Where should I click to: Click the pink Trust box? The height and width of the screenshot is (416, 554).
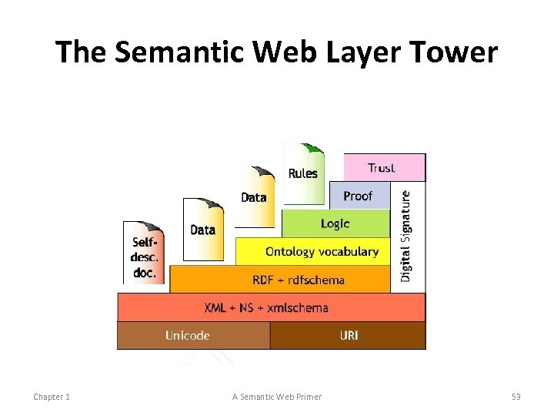(383, 167)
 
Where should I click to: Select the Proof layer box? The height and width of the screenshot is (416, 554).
(359, 196)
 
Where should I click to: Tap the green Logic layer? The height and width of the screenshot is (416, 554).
(335, 223)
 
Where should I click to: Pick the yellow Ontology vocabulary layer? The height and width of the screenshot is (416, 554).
(322, 251)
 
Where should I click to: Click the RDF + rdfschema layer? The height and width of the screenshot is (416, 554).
(299, 279)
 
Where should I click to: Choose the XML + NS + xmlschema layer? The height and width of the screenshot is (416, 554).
(267, 307)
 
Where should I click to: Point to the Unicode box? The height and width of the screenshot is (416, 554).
(188, 335)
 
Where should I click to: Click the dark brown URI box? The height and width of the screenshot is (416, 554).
(348, 335)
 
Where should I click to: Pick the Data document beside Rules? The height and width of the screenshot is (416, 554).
(254, 197)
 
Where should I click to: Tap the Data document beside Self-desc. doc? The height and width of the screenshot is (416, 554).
(202, 229)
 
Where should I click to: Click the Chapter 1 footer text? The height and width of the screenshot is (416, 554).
(52, 397)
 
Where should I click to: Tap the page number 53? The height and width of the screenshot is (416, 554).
(516, 397)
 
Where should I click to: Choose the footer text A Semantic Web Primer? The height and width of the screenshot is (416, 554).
(277, 397)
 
